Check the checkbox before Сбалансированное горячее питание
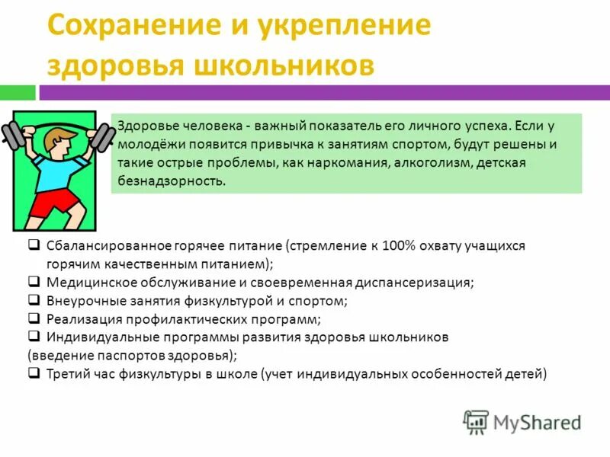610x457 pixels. (34, 246)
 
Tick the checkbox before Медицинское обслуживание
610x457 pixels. (34, 281)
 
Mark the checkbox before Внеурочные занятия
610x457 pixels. (34, 299)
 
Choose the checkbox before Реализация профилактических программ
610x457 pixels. (34, 318)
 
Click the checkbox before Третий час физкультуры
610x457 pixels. (34, 373)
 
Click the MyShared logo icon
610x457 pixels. (476, 421)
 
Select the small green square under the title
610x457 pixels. (18, 92)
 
